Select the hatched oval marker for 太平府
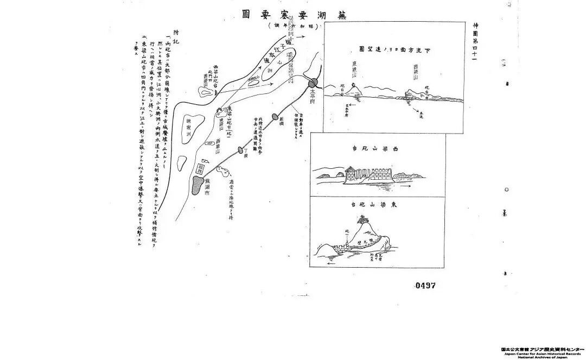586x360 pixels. (x=314, y=83)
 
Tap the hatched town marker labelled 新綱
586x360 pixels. (x=275, y=117)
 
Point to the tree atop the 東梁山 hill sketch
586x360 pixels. (x=362, y=218)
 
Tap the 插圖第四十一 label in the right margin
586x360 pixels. (x=476, y=43)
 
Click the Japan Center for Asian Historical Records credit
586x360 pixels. (x=542, y=353)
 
